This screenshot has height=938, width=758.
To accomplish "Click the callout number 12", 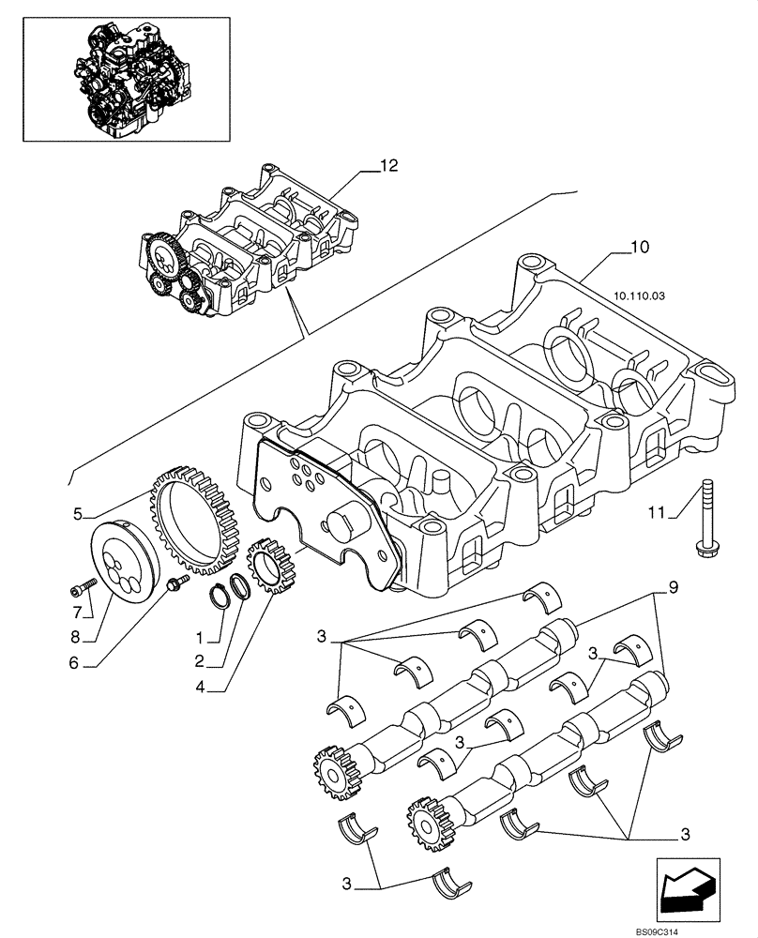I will click(x=388, y=166).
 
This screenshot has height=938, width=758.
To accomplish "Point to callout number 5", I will click(x=79, y=513).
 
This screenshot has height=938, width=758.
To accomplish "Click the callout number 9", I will click(x=672, y=588).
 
